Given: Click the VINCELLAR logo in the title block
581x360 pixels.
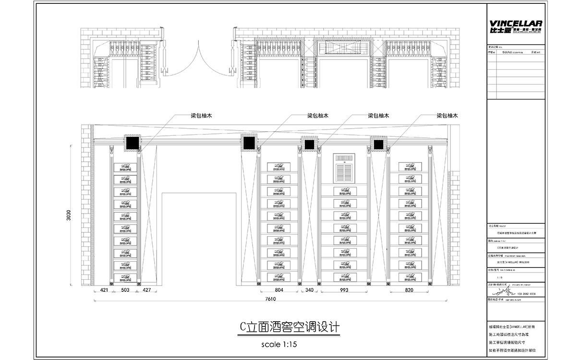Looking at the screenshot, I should click(515, 26).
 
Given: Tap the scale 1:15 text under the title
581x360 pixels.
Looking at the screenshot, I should click(280, 344).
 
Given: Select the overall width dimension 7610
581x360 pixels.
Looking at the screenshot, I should click(271, 299).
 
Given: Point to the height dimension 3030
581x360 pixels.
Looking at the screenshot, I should click(69, 215).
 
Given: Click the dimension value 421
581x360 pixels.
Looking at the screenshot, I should click(104, 290).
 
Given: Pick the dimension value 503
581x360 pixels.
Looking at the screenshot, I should click(125, 290).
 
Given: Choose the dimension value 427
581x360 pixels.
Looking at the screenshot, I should click(147, 290).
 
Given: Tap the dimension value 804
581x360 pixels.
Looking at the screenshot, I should click(279, 290).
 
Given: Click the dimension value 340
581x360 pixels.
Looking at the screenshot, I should click(309, 290).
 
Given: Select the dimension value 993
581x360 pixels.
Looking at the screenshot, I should click(343, 290).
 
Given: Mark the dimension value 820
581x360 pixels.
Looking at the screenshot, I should click(409, 290).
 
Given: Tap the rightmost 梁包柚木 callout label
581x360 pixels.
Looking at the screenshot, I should click(447, 116).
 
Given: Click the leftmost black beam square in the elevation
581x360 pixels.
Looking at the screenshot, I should click(132, 143).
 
